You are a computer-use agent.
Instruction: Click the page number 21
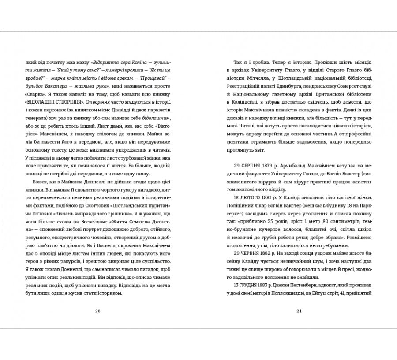coord(299,311)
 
